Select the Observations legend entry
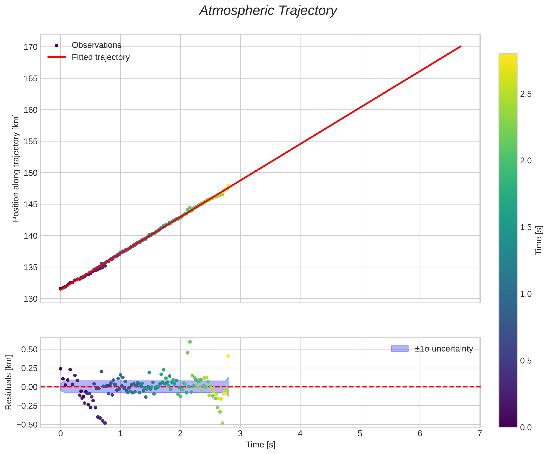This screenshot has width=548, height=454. (x=96, y=45)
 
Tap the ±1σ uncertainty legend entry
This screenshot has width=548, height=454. (x=444, y=349)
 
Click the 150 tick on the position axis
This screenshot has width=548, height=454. (x=31, y=173)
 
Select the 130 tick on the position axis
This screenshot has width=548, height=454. (x=31, y=299)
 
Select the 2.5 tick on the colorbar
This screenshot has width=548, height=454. (x=526, y=94)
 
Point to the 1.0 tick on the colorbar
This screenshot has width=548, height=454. (x=526, y=294)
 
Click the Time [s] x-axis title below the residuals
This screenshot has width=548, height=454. (x=260, y=445)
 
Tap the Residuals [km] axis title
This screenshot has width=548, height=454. (x=9, y=382)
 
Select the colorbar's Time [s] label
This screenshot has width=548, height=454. (x=539, y=240)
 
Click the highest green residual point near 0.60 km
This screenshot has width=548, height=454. (x=190, y=342)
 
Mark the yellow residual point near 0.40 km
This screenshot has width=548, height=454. (x=228, y=356)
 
